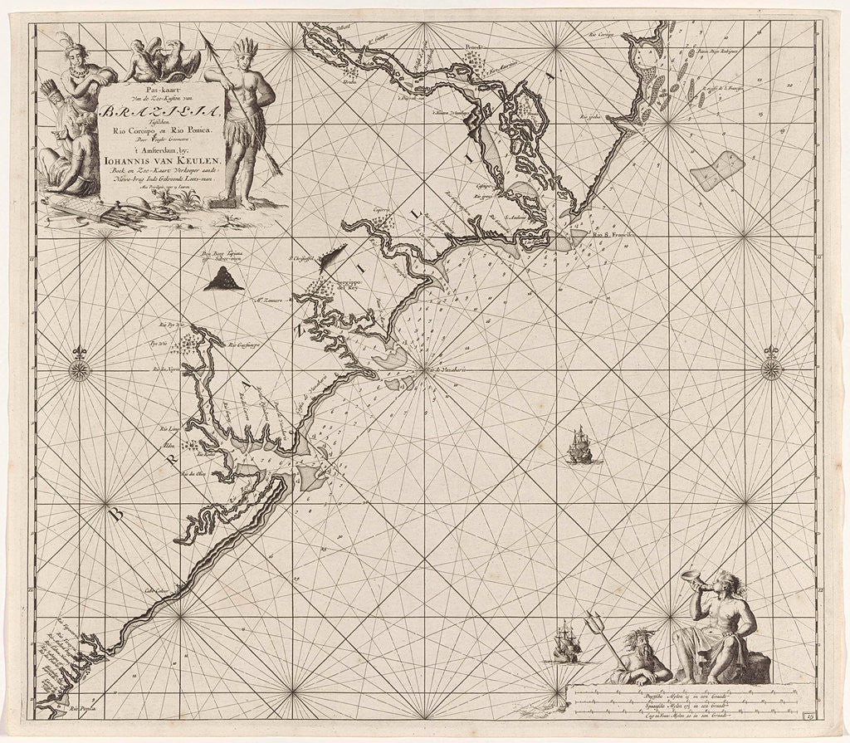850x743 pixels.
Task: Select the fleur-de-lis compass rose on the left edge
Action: pos(80,366)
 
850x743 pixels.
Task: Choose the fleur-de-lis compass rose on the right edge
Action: pos(771,366)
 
